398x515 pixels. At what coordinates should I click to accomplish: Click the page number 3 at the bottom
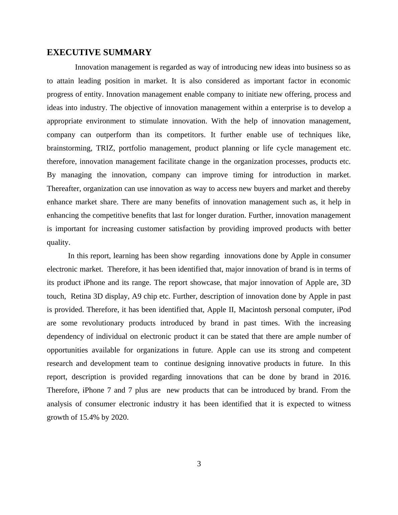199,464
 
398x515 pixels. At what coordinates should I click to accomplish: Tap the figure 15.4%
89,417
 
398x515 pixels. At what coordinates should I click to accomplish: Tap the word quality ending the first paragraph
58,242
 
